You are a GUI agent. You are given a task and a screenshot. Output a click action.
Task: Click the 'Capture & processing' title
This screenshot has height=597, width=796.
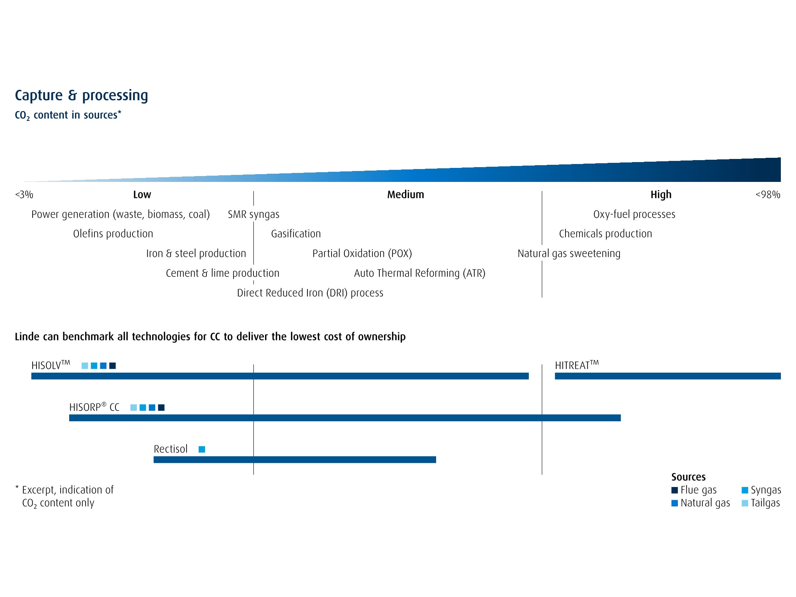81,96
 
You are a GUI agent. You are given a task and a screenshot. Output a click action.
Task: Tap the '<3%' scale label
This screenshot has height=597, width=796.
24,195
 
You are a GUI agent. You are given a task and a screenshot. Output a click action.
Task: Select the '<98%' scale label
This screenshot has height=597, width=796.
768,195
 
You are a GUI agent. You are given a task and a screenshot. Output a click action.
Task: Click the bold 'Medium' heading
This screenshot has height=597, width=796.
405,195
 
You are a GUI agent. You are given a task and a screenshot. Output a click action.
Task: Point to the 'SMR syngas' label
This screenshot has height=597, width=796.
253,215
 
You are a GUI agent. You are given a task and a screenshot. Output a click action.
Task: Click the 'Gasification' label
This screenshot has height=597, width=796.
296,234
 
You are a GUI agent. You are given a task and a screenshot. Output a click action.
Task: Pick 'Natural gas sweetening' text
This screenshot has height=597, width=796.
569,254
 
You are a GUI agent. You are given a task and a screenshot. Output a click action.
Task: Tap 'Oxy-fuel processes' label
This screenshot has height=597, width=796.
634,215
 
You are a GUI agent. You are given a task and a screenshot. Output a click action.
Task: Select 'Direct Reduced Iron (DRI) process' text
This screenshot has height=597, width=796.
310,293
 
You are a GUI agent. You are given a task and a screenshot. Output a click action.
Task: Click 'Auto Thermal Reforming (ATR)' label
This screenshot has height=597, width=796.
419,274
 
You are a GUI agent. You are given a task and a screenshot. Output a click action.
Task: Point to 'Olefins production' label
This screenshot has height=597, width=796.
113,234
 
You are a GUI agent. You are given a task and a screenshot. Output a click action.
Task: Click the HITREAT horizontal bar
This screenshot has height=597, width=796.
667,376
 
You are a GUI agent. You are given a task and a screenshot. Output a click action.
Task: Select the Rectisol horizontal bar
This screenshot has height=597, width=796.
295,460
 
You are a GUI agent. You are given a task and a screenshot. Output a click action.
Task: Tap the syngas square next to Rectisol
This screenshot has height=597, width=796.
202,449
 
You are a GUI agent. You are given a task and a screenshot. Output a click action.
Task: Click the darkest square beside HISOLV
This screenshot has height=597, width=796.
113,366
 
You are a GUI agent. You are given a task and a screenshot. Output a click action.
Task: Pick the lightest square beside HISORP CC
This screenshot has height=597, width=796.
133,408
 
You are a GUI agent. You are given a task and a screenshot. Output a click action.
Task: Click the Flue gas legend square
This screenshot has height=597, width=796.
675,490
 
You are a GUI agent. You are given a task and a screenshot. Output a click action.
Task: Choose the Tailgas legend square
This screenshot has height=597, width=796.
745,503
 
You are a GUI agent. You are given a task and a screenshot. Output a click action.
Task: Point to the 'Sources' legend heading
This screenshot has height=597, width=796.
688,477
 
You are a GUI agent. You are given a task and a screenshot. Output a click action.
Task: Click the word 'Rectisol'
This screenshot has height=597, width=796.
171,449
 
